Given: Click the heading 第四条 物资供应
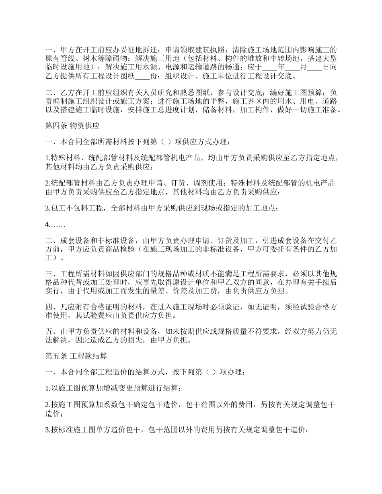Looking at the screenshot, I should click(72, 126).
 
